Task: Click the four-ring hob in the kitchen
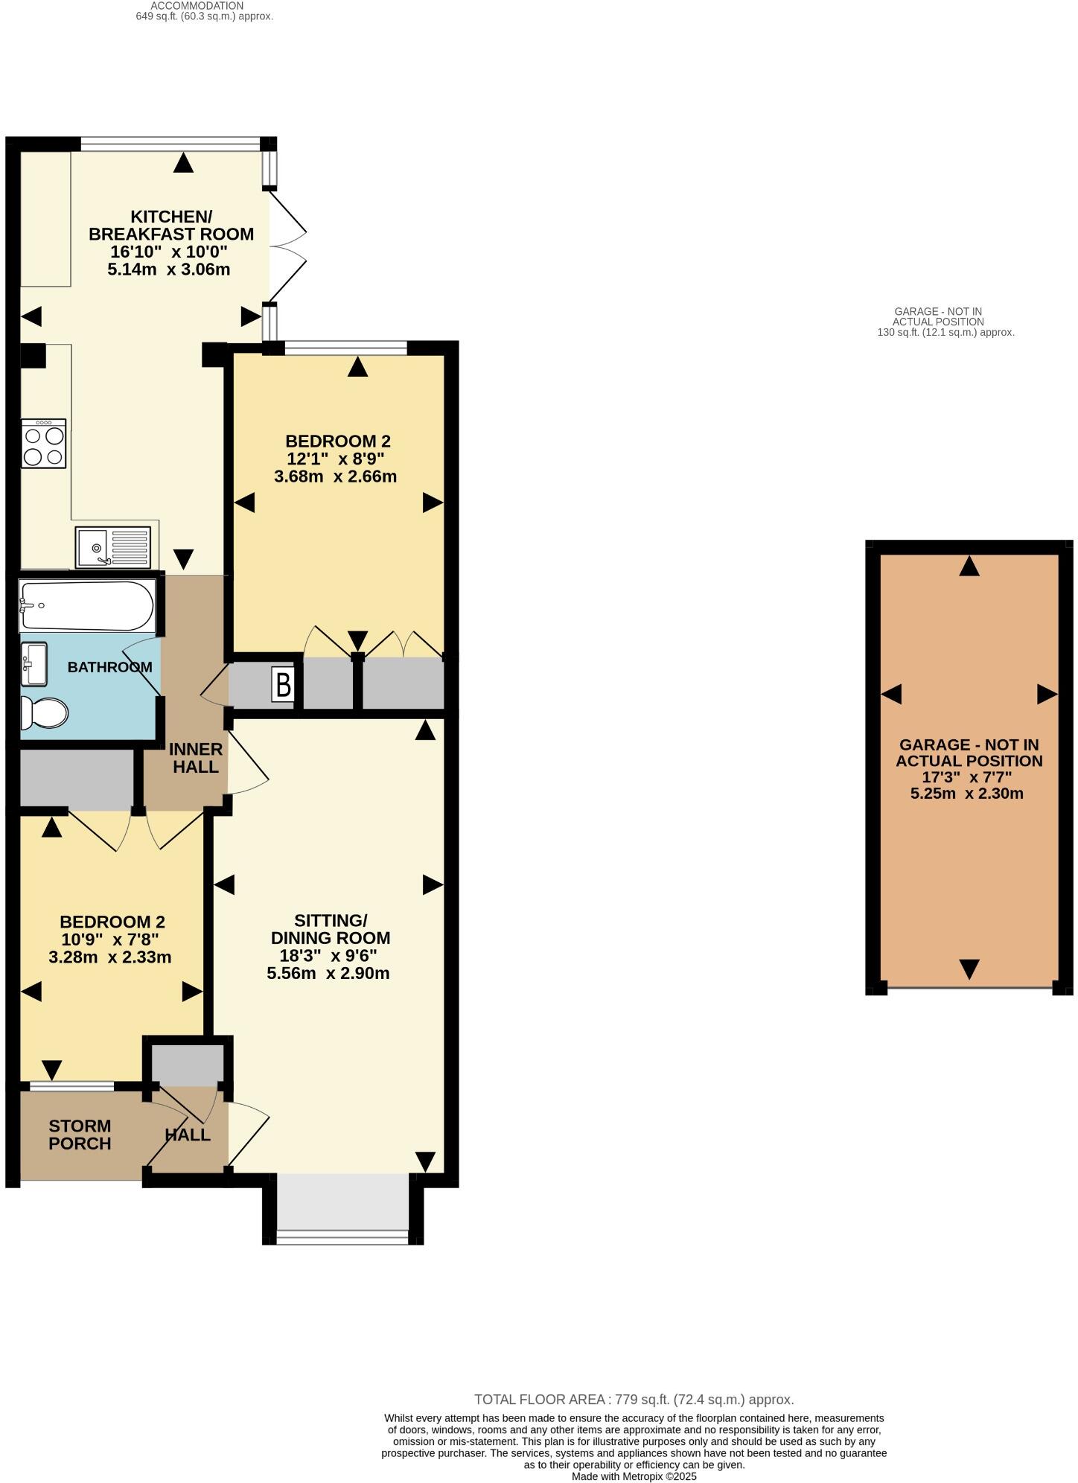point(44,444)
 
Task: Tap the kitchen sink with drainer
point(112,546)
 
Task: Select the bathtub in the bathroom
point(87,606)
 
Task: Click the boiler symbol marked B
point(284,683)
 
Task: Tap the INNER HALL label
point(195,758)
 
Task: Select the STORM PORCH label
point(80,1135)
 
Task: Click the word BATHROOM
point(109,667)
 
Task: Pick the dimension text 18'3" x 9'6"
point(328,955)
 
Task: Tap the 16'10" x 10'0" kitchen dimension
point(169,252)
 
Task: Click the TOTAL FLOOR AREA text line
point(634,1400)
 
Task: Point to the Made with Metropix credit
point(634,1476)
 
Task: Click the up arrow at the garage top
point(969,567)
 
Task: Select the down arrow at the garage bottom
point(969,969)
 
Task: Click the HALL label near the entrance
point(187,1135)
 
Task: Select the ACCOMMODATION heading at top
point(197,5)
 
